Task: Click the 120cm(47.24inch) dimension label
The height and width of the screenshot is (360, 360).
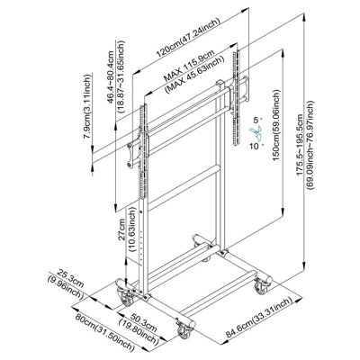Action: pos(188,38)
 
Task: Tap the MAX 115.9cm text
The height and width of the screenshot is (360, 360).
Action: pos(189,66)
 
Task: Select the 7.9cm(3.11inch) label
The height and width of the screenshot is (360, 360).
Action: pos(87,106)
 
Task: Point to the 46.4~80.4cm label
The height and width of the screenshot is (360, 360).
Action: pos(111,77)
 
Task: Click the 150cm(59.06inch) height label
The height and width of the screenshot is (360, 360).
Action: pos(276,125)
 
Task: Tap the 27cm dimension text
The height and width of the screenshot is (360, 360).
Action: pos(121,229)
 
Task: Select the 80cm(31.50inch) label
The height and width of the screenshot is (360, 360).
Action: pos(104,332)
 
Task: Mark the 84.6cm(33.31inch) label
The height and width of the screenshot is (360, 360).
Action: pos(259,318)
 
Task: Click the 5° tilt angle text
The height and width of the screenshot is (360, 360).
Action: pos(256,121)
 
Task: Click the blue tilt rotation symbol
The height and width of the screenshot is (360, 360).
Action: pos(256,133)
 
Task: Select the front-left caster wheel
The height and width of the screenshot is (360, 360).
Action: pos(125,296)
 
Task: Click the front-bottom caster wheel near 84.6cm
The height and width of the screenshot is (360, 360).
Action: pos(184,330)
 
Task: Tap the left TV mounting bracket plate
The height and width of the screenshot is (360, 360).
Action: pos(134,153)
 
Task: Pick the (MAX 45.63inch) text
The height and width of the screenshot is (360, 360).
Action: pos(195,73)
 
